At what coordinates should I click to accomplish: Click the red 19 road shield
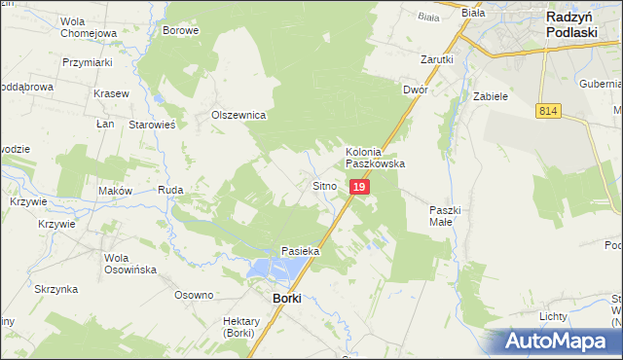coord(359,186)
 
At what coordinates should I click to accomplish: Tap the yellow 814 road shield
coord(546,113)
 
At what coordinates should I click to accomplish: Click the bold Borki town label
coord(286,299)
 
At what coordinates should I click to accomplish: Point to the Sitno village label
coord(324,185)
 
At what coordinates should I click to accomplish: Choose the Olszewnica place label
coord(239,115)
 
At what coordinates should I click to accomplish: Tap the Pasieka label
coord(301,251)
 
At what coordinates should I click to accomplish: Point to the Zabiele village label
coord(491,97)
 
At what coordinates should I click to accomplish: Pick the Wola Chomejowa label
coord(88,27)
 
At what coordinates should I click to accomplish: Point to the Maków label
coord(115,191)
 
